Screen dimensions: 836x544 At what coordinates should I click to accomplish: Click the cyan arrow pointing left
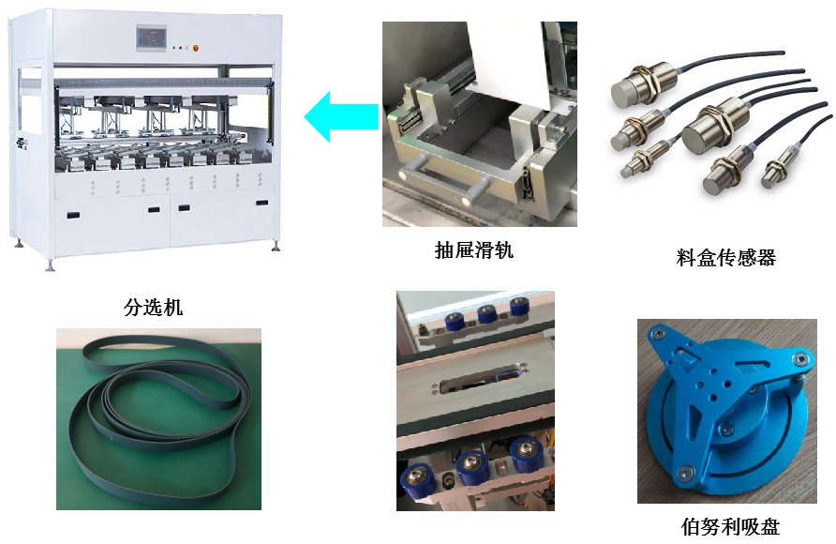[x=341, y=116]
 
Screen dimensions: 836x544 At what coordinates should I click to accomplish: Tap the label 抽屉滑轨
[x=473, y=249]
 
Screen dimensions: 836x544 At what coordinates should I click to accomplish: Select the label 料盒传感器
[x=726, y=258]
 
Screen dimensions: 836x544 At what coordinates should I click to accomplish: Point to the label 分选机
[x=153, y=307]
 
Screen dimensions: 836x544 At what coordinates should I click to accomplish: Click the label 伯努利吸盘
[x=730, y=527]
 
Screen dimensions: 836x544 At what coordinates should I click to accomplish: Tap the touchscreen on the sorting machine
[x=152, y=38]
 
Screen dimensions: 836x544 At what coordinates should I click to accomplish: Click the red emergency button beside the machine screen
[x=196, y=48]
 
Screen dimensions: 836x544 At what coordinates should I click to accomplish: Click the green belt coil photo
[x=159, y=418]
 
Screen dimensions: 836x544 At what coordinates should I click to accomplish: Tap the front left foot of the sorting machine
[x=50, y=265]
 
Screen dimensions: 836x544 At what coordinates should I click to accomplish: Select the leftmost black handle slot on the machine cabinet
[x=73, y=215]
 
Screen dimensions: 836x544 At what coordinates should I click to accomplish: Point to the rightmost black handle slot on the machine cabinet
[x=262, y=203]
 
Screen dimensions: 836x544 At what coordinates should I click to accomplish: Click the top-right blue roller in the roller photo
[x=519, y=308]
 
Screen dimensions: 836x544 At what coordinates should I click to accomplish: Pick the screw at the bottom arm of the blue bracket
[x=684, y=472]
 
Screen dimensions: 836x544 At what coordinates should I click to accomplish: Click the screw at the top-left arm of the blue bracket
[x=657, y=333]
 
